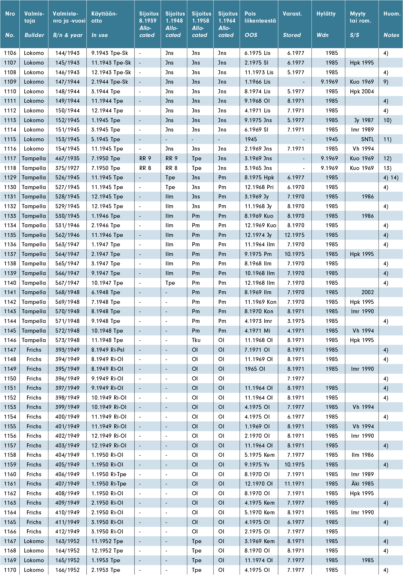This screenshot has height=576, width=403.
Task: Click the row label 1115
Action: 10,139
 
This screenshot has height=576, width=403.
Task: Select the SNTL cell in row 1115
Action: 367,139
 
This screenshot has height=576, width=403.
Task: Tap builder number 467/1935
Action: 67,159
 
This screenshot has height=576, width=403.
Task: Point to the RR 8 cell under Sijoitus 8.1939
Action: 145,168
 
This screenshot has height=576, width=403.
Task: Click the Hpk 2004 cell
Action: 362,92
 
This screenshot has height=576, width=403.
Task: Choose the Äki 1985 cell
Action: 362,484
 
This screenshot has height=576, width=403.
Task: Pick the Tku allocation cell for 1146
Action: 196,340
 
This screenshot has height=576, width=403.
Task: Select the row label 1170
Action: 10,570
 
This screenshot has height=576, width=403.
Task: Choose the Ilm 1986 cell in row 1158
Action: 362,455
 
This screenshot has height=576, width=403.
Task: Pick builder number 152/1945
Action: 67,120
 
